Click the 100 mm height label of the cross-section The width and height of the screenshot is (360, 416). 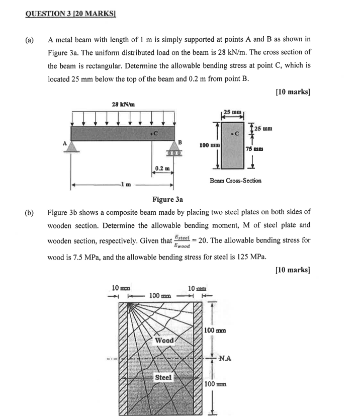pyautogui.click(x=208, y=145)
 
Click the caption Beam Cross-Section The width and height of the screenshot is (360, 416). pyautogui.click(x=235, y=180)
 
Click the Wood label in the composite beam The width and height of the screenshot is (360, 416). pyautogui.click(x=164, y=341)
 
